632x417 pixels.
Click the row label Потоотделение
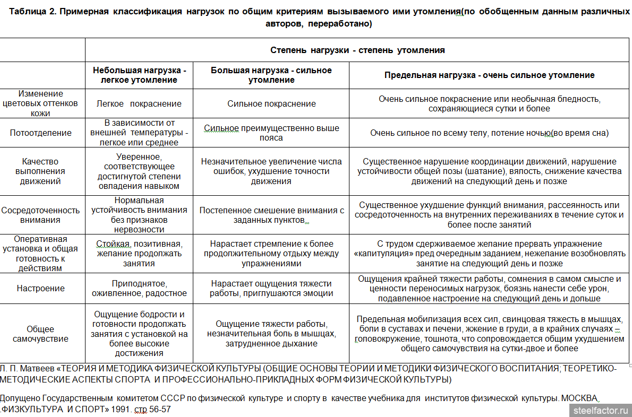pyautogui.click(x=40, y=133)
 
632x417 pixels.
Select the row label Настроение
pyautogui.click(x=40, y=289)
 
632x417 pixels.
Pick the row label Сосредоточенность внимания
pyautogui.click(x=40, y=215)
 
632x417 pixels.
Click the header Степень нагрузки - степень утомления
pyautogui.click(x=357, y=50)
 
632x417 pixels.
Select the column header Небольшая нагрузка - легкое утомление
pyautogui.click(x=140, y=75)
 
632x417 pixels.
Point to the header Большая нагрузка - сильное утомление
pyautogui.click(x=271, y=75)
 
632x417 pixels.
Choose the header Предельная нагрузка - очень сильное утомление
pyautogui.click(x=489, y=75)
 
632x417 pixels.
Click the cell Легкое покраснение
pyautogui.click(x=139, y=104)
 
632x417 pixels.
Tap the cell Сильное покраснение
pyautogui.click(x=271, y=104)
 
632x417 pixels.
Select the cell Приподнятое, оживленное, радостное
pyautogui.click(x=139, y=289)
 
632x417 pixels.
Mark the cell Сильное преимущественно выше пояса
pyautogui.click(x=271, y=133)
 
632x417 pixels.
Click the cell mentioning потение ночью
pyautogui.click(x=489, y=133)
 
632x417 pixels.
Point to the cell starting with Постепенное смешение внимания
pyautogui.click(x=271, y=215)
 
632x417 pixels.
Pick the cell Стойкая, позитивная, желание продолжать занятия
pyautogui.click(x=139, y=254)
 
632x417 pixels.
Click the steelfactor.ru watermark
pyautogui.click(x=601, y=410)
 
